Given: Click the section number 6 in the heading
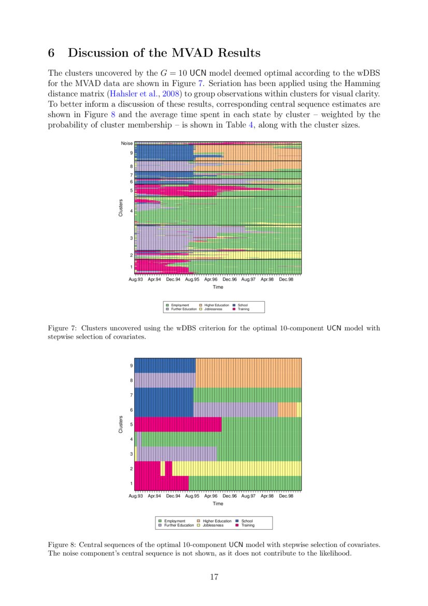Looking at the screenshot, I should coord(51,53).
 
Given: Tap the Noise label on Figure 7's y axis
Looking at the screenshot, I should coord(127,143).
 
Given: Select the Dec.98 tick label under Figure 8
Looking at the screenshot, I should coord(286,496).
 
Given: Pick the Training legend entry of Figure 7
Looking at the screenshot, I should coord(243,309).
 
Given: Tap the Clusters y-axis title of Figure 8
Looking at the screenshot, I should coord(121,424).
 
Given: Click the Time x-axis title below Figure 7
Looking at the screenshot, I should coord(218,287).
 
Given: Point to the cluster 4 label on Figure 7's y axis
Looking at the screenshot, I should coord(131,211).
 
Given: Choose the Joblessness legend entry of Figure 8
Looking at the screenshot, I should coord(213,525).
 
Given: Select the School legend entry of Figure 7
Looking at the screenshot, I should coord(242,305).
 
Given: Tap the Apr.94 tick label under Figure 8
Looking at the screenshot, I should coord(154,496).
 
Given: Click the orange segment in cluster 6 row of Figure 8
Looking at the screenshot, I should coord(287,410).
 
